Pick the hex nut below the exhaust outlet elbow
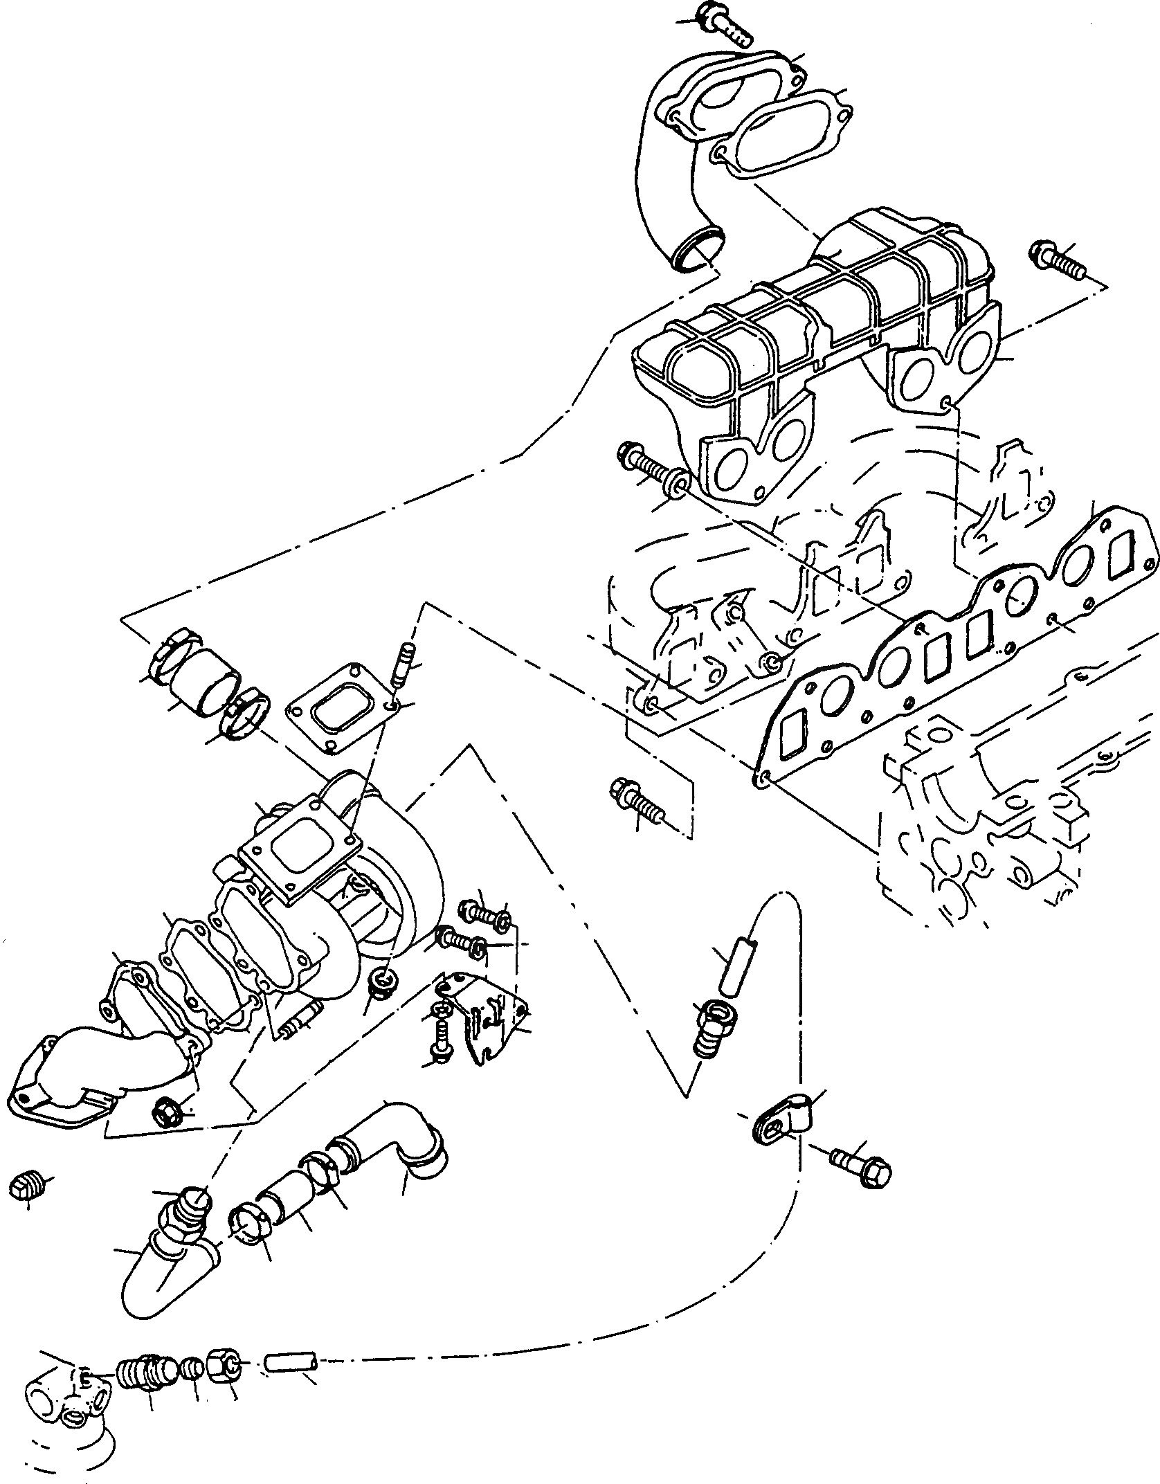[x=167, y=1132]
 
